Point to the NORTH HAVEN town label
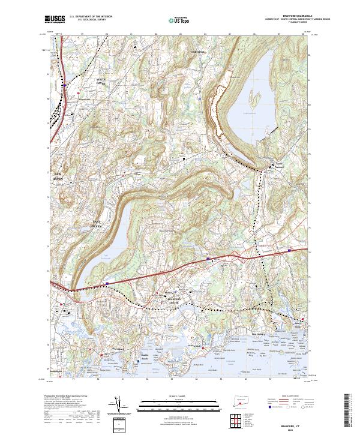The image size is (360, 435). point(100,82)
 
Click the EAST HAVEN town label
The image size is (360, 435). point(95,224)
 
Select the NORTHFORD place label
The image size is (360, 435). point(199,52)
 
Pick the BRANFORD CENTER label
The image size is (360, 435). point(173,299)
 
